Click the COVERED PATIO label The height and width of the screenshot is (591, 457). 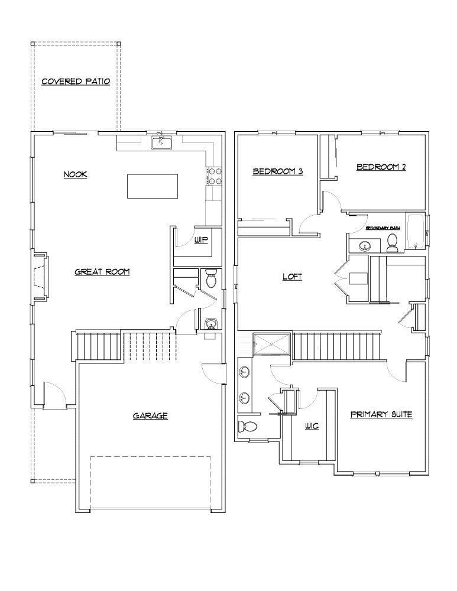tap(76, 82)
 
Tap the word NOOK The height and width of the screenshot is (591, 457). tap(76, 174)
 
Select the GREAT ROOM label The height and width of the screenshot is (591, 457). tap(102, 272)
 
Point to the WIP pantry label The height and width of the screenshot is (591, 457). tap(201, 241)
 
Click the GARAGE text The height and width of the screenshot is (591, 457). tap(150, 416)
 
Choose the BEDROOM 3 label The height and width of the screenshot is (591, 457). tap(278, 171)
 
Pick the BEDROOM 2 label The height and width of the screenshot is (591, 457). tap(381, 167)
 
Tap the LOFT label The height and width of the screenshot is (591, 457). tap(292, 276)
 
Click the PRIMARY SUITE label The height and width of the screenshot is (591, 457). tap(381, 415)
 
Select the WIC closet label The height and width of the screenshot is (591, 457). tap(312, 426)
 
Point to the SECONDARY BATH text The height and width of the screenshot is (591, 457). tap(383, 228)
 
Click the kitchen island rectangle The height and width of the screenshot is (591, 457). tap(153, 186)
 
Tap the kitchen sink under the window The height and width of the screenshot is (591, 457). tap(161, 142)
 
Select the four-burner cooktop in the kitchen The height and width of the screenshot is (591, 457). tap(213, 174)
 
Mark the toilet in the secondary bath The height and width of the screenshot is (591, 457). tap(391, 242)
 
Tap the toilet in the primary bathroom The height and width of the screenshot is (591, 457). tap(247, 426)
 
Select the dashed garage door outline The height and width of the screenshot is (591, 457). tap(150, 482)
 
